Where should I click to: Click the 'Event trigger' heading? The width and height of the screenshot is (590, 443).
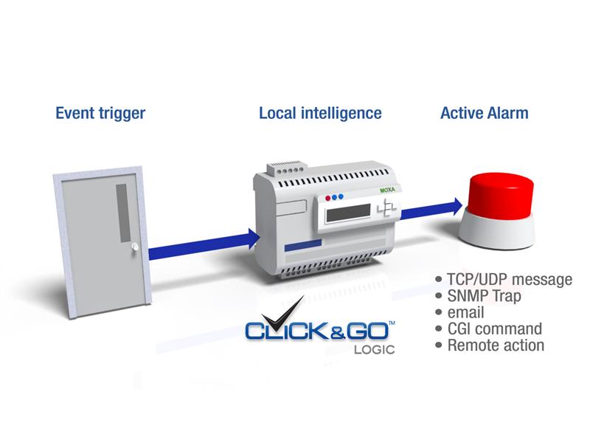point(100,114)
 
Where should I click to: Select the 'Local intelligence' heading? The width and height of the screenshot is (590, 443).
point(320,113)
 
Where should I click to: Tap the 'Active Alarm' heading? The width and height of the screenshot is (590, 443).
point(485,113)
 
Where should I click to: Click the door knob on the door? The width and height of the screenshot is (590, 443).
point(135,247)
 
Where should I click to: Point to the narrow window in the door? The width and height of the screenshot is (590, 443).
point(123,213)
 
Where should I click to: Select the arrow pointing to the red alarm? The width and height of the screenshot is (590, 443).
point(431,209)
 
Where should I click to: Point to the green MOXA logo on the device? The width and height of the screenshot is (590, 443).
point(388,190)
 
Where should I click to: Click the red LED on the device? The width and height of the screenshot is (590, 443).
point(327,198)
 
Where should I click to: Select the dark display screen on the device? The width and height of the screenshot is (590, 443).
point(348,213)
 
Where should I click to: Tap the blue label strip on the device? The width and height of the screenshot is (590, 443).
point(303,245)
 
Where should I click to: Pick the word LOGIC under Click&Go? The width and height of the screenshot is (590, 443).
point(374,349)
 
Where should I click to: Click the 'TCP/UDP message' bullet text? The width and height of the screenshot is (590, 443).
point(510,280)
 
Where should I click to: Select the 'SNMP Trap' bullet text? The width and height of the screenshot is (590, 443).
point(484,296)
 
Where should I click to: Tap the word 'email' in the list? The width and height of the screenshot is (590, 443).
point(465,312)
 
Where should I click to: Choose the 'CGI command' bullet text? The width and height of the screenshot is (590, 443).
point(494,329)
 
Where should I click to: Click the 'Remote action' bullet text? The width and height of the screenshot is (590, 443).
point(496,346)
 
